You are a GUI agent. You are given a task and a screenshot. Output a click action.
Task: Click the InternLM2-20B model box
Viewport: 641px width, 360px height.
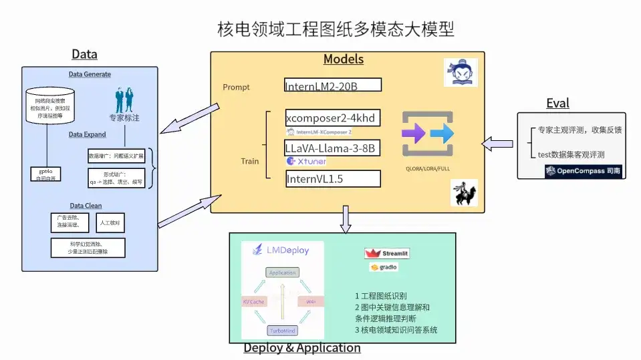333,85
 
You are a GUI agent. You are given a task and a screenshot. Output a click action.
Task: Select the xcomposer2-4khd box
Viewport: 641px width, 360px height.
333,118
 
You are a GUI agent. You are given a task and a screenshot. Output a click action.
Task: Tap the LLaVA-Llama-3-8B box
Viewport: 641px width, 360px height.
333,148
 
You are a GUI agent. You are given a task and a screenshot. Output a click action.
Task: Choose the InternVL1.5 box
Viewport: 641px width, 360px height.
333,179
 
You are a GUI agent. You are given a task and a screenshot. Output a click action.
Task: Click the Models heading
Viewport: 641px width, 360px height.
344,59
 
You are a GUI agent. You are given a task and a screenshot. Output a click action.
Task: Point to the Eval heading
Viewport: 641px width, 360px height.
557,103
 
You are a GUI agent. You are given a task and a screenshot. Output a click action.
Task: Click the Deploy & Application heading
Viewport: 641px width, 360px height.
301,348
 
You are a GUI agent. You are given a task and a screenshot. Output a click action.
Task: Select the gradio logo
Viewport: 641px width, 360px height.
384,268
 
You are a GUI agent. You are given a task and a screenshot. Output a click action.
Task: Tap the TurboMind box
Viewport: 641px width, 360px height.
283,331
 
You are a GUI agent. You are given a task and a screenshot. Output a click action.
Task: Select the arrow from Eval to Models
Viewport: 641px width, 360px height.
498,142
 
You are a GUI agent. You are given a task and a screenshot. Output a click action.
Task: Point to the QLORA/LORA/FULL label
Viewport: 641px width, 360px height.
428,169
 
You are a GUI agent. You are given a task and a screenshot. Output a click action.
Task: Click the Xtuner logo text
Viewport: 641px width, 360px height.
307,162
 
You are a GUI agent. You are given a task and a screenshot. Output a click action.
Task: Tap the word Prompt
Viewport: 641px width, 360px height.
236,87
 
